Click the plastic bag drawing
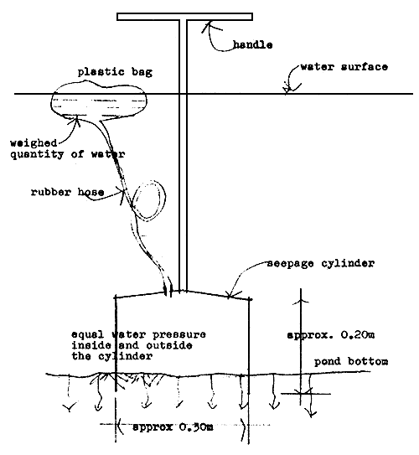99,101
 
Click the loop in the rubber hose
150,200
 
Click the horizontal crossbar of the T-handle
184,16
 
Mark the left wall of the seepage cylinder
115,335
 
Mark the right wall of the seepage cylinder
251,335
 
